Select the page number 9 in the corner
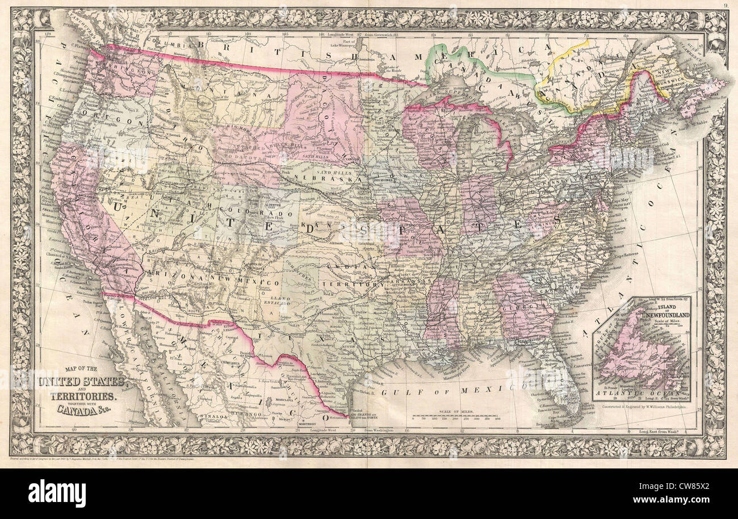(726, 6)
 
